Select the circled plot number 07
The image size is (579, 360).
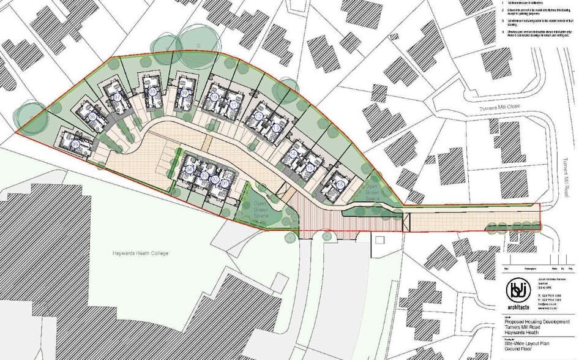117,98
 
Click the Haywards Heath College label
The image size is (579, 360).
140,253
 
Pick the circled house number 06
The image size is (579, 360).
93,117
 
